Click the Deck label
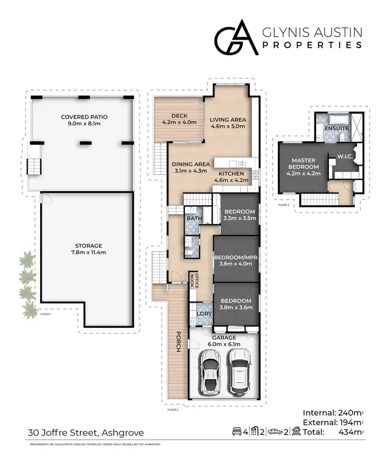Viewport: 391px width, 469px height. pos(179,119)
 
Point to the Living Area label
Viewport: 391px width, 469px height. pos(228,123)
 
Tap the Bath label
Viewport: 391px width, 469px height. pos(194,218)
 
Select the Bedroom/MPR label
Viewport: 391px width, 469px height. pos(236,261)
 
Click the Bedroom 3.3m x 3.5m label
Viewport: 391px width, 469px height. pos(239,215)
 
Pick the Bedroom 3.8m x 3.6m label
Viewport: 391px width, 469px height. pos(236,304)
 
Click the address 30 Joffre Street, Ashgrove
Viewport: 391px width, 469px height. pos(85,432)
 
